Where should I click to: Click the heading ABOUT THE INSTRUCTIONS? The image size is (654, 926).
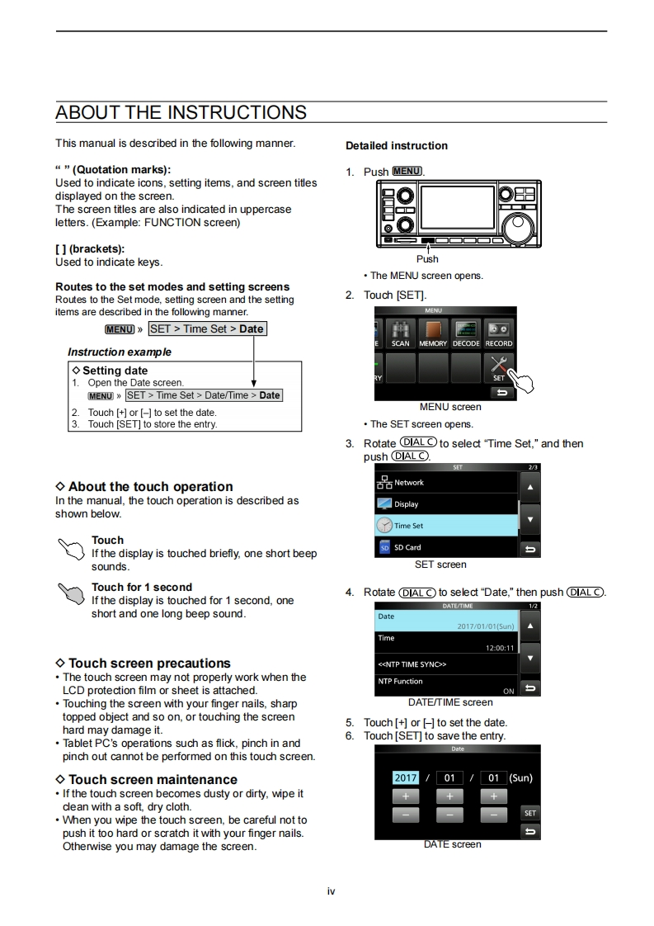181,112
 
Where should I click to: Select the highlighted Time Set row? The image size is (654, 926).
445,525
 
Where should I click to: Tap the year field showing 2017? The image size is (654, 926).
406,777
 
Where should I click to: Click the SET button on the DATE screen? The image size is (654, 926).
529,813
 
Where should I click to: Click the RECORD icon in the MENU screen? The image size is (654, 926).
498,333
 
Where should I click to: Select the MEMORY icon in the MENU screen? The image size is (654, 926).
433,333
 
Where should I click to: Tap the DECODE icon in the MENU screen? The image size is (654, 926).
466,333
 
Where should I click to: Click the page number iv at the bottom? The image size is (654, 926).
331,891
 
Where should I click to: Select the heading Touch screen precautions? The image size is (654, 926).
149,664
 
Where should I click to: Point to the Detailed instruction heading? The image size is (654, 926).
397,146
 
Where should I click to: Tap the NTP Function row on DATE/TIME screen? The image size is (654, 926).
445,685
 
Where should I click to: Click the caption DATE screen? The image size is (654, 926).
452,844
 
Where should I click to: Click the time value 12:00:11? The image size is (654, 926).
500,648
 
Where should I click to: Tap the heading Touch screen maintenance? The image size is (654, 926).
153,780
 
